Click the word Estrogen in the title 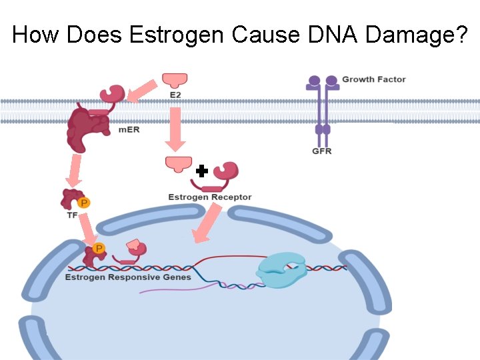(x=175, y=34)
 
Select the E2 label (x=175, y=95)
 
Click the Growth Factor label (x=373, y=79)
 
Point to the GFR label (x=321, y=151)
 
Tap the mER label (x=129, y=129)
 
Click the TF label (x=72, y=215)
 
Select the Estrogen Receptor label (x=209, y=197)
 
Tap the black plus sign (x=202, y=171)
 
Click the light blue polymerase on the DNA (x=281, y=270)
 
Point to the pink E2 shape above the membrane (x=175, y=81)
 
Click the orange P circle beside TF (x=84, y=203)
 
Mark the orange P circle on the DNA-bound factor (x=99, y=249)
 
